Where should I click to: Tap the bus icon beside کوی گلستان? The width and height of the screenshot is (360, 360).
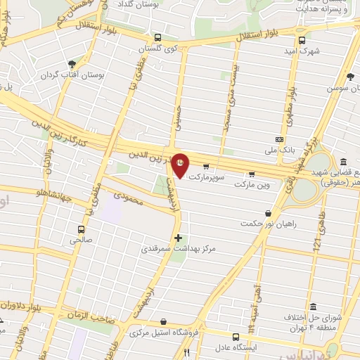(x=157, y=38)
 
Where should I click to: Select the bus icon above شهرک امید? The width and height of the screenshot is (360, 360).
(x=302, y=40)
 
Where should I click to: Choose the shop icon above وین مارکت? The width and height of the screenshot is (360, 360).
(x=252, y=174)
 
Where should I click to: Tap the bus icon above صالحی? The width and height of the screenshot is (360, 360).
(x=81, y=229)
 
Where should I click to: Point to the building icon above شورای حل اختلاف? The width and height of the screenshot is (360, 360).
(x=312, y=308)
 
